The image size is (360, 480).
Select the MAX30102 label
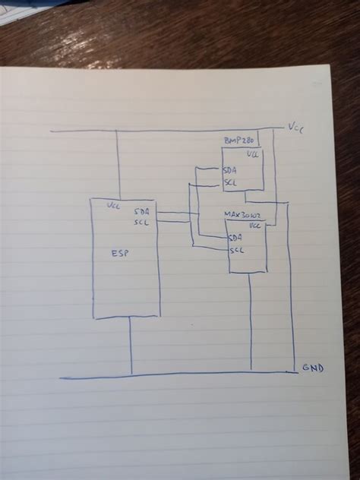click(242, 215)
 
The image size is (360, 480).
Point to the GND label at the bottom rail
click(312, 368)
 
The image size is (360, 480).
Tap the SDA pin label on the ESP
click(142, 211)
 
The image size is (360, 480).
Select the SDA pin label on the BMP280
click(229, 170)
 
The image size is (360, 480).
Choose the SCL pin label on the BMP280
click(229, 182)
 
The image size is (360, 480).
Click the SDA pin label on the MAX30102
click(235, 238)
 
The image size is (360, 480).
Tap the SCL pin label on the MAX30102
click(236, 250)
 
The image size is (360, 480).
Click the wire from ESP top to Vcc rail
click(117, 163)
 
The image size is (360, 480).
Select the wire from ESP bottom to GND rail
click(131, 346)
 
